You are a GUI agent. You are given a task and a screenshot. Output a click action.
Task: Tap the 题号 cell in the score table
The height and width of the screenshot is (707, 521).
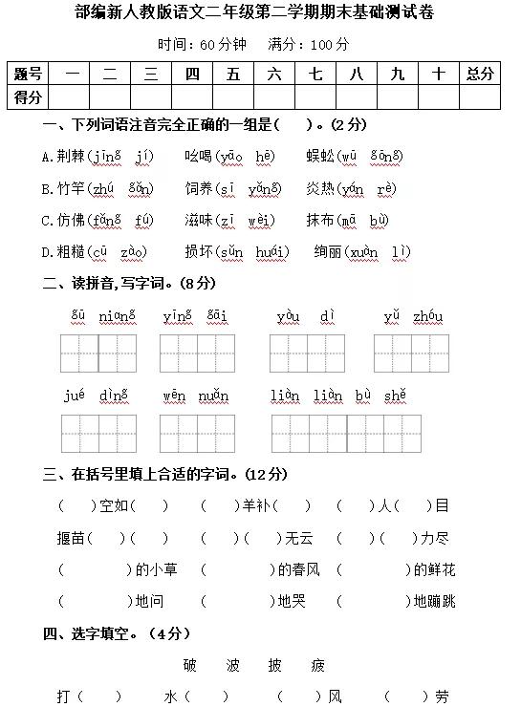(28, 74)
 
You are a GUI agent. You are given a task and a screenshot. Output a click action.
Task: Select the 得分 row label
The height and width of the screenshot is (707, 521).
(28, 96)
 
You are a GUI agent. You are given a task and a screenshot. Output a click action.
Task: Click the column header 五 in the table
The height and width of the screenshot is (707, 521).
(233, 74)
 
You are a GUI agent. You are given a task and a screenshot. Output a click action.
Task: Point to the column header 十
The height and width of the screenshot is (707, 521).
(438, 74)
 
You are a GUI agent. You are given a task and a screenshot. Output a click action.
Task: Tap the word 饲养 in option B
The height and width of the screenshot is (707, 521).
(198, 188)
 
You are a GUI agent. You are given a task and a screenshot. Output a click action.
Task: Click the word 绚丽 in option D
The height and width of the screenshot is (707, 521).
(328, 252)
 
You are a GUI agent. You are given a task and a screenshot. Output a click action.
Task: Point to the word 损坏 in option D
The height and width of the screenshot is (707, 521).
(198, 252)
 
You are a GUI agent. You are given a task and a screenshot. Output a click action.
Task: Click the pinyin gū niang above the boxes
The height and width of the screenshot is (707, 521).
(98, 316)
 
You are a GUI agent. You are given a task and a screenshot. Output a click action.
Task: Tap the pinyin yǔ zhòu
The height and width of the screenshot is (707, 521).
(413, 316)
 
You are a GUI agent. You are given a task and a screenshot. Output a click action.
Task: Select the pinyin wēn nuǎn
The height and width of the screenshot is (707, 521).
(196, 396)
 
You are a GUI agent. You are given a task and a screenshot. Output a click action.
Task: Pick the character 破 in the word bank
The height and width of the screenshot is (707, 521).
(189, 665)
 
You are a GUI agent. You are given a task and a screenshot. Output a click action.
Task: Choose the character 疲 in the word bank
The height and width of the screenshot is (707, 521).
(317, 665)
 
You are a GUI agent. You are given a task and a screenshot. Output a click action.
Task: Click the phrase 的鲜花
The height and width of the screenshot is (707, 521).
(434, 570)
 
